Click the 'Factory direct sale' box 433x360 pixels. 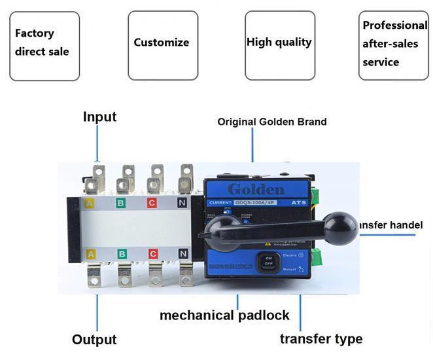(44, 46)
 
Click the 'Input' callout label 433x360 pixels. (99, 117)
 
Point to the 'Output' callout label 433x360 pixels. (94, 340)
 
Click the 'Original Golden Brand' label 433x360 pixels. (272, 122)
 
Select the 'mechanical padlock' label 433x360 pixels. (224, 315)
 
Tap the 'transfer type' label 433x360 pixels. (321, 338)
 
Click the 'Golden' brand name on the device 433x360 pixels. (256, 190)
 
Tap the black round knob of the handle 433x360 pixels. (340, 225)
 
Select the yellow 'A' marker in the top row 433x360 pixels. (90, 203)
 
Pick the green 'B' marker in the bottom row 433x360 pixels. (121, 253)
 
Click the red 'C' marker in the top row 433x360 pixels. (152, 203)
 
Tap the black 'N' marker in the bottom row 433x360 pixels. (183, 253)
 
